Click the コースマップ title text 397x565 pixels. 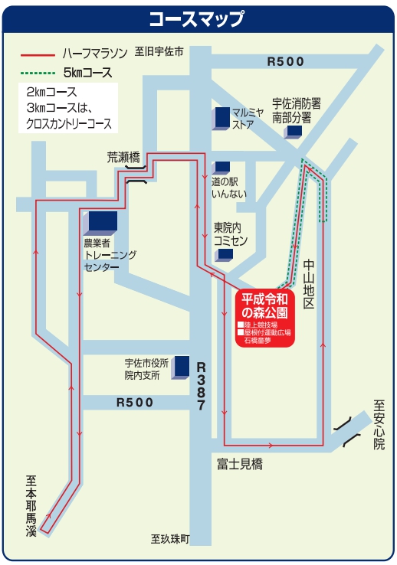click(x=197, y=18)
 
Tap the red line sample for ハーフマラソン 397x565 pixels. click(x=38, y=55)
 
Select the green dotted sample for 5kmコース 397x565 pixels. click(x=38, y=73)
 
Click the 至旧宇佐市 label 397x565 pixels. click(x=159, y=52)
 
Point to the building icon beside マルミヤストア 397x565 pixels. click(x=221, y=118)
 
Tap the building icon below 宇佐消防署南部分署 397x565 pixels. click(x=293, y=132)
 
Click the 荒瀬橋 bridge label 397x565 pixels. click(x=123, y=158)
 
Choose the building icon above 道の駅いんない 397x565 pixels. click(x=221, y=168)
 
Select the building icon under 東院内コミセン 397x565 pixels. click(x=224, y=255)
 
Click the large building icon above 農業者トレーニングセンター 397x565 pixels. click(x=100, y=223)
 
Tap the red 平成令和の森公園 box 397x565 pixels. click(x=265, y=318)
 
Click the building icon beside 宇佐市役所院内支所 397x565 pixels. click(x=180, y=367)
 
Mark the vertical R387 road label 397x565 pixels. click(x=201, y=387)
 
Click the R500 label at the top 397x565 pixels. click(x=285, y=61)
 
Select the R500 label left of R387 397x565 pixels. click(x=135, y=402)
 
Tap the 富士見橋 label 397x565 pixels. click(x=240, y=464)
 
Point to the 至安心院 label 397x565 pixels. click(x=379, y=425)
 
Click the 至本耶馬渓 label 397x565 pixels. click(x=31, y=506)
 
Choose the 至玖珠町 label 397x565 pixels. click(x=170, y=539)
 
